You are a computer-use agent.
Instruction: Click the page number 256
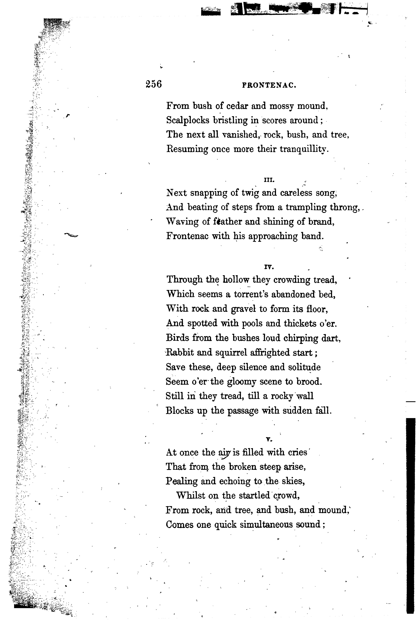point(154,84)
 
